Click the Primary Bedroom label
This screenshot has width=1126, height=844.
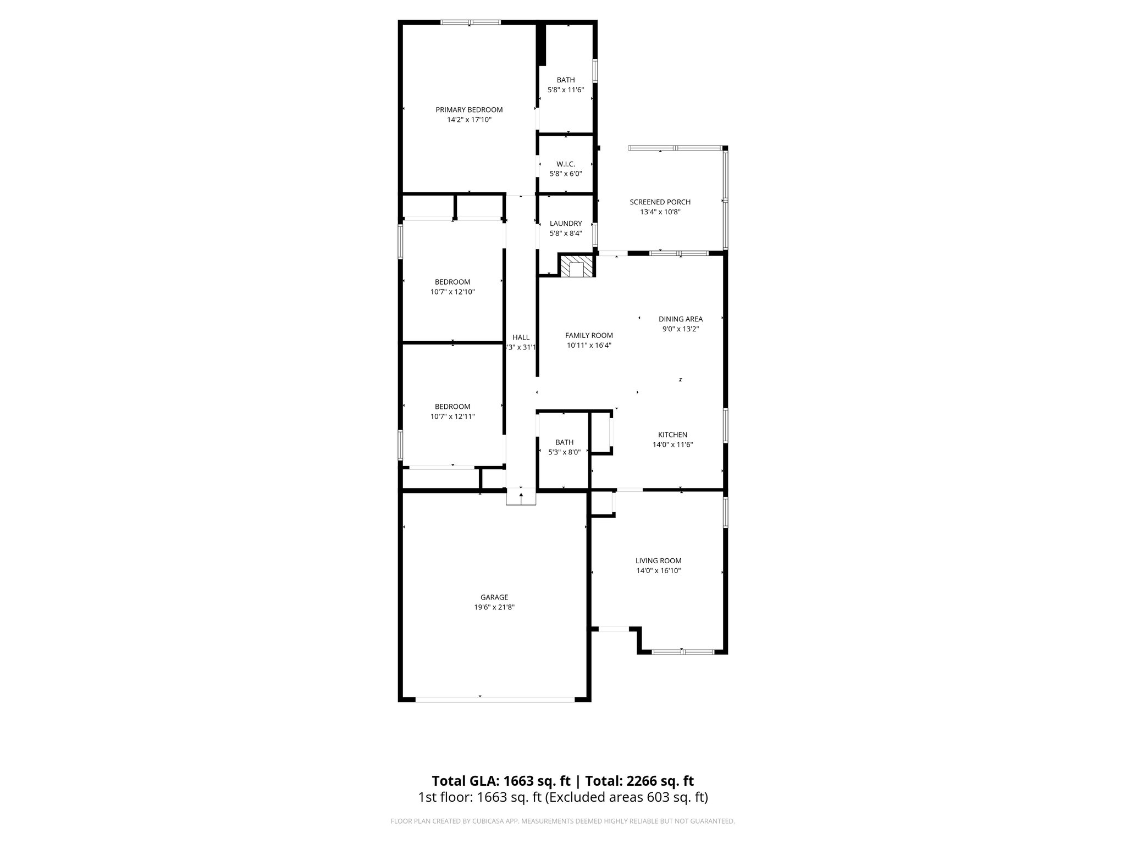click(x=469, y=110)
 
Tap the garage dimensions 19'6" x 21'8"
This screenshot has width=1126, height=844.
click(x=494, y=607)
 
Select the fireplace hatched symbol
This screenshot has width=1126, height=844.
click(x=577, y=266)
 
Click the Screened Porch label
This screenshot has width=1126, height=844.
click(x=660, y=202)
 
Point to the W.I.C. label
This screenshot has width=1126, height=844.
click(x=566, y=164)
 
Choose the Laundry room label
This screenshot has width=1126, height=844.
click(x=566, y=224)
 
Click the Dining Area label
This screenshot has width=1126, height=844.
click(x=681, y=319)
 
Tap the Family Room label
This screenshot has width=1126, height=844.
click(x=589, y=336)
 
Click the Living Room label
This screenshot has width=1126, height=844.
click(x=658, y=561)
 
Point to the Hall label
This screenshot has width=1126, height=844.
click(x=521, y=337)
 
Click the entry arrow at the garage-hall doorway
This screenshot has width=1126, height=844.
click(x=521, y=496)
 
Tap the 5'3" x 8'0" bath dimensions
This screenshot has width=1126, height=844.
click(x=564, y=452)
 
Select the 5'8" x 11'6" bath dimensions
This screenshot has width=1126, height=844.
click(x=566, y=90)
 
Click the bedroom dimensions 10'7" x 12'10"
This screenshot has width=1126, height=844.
click(x=452, y=292)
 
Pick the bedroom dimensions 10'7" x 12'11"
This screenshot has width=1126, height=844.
click(x=452, y=417)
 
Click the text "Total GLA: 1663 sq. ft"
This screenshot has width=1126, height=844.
click(x=501, y=781)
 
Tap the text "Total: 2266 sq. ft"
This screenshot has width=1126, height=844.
click(x=639, y=781)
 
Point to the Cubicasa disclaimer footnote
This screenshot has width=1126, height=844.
click(x=562, y=821)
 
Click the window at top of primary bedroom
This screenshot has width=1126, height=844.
click(x=471, y=23)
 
